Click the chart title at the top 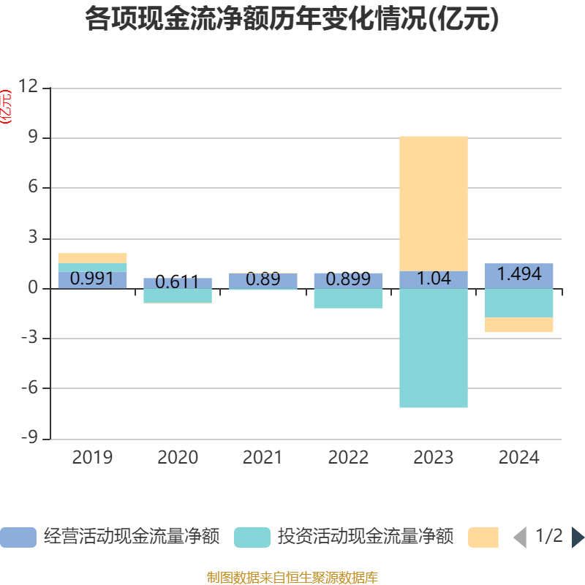click(x=292, y=20)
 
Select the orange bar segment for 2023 click(x=434, y=203)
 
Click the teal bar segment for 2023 click(x=434, y=348)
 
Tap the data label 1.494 click(x=519, y=274)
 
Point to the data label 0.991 click(x=92, y=279)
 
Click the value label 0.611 click(x=177, y=282)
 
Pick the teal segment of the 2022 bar click(x=348, y=298)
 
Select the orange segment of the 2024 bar click(x=519, y=325)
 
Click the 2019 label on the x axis click(x=92, y=458)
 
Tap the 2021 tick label click(x=263, y=458)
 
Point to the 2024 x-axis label click(x=519, y=458)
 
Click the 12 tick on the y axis click(x=29, y=87)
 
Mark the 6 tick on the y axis click(x=32, y=188)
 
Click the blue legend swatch click(x=18, y=537)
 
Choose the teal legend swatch click(x=252, y=537)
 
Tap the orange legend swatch click(x=483, y=537)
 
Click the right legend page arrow click(x=578, y=537)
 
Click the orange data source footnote click(x=292, y=578)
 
